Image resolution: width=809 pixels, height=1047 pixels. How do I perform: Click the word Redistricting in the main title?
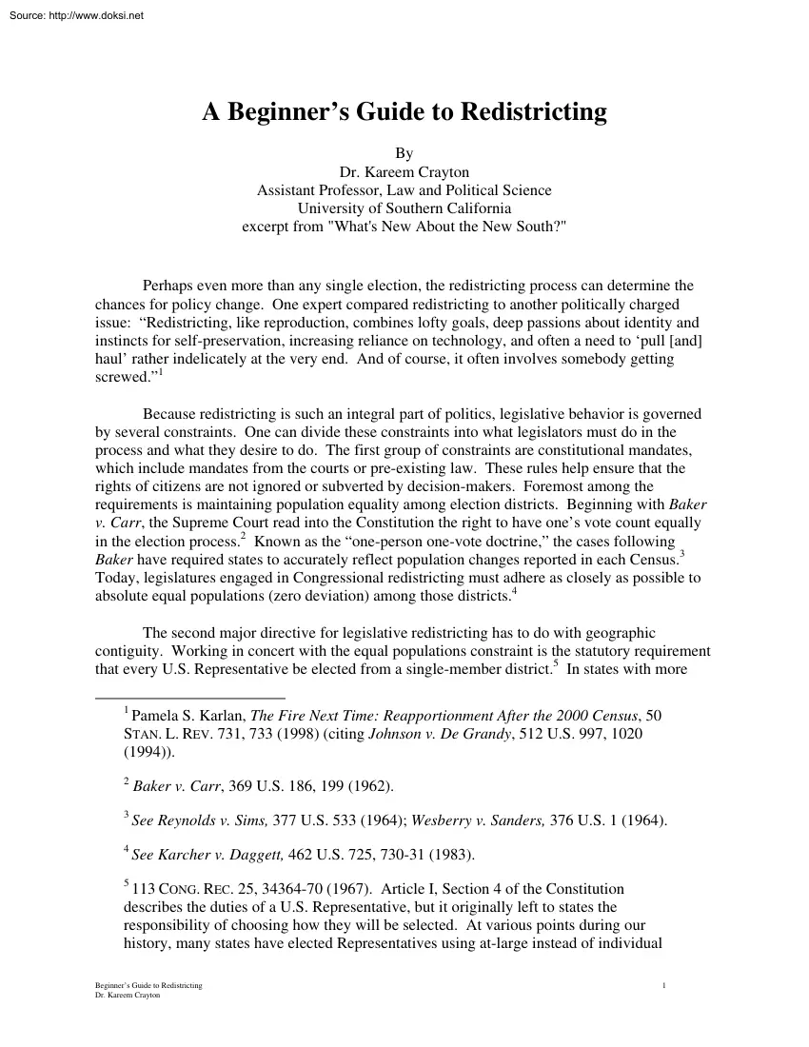(x=533, y=112)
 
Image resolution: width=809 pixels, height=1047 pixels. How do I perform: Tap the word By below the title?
(x=404, y=153)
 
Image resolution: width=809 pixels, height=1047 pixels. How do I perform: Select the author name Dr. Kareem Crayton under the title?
(x=404, y=172)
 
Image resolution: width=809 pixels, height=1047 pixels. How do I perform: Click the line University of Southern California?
(x=404, y=208)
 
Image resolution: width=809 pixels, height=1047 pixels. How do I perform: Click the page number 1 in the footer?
(x=662, y=985)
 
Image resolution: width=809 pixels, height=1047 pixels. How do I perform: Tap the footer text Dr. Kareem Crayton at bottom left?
(x=123, y=995)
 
